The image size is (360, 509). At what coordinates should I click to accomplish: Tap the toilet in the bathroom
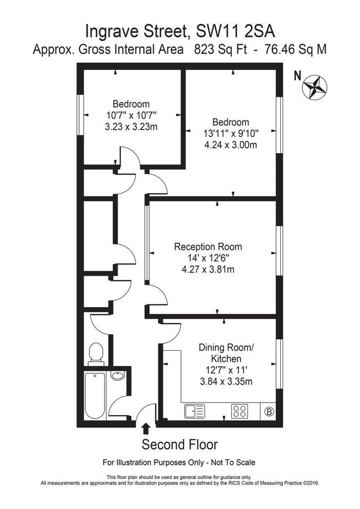tap(96, 353)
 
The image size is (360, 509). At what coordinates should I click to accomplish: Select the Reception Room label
tap(207, 247)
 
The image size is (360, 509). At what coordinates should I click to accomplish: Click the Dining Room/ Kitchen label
tap(225, 353)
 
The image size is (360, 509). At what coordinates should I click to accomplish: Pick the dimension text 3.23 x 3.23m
tap(131, 127)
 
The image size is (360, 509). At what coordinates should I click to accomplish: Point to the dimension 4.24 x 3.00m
tap(230, 145)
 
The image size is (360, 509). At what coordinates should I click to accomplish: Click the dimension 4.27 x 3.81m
tap(207, 269)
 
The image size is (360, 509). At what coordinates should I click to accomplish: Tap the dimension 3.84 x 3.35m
tap(225, 382)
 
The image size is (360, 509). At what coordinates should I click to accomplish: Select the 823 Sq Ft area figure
tap(214, 49)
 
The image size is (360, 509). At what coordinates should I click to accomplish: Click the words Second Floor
tap(179, 444)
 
